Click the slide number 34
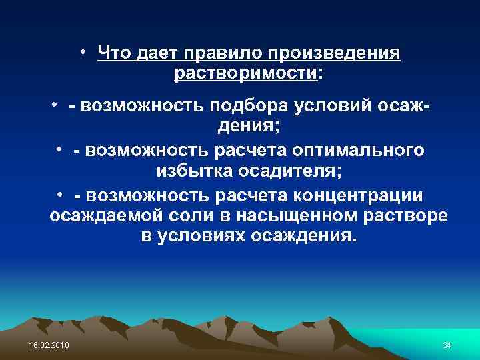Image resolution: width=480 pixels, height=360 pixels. pos(447,343)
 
